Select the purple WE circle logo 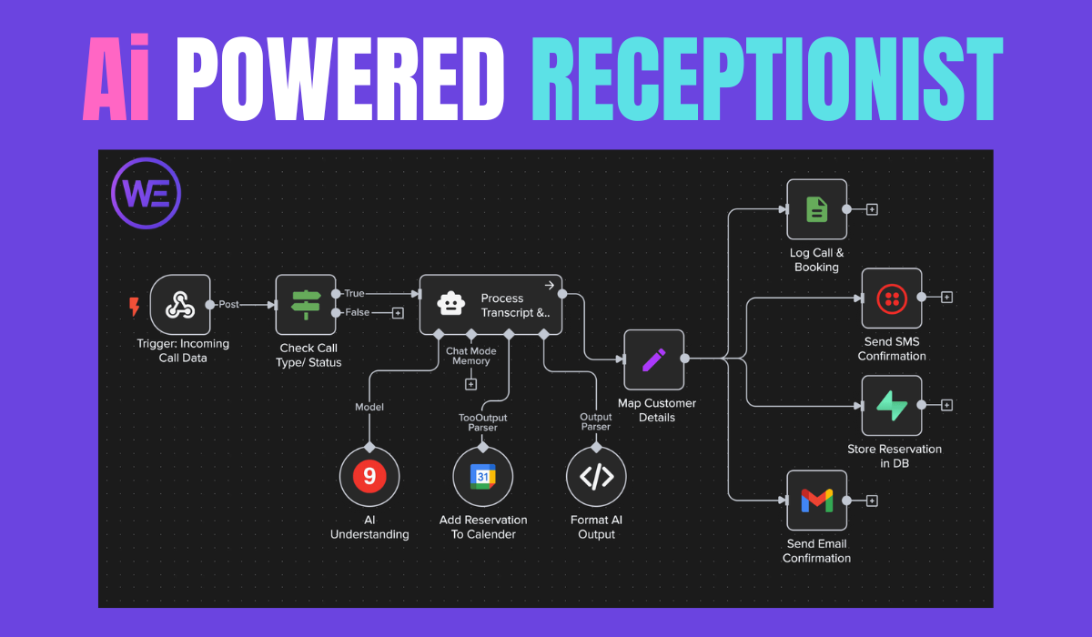tap(146, 195)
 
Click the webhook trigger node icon tap(180, 305)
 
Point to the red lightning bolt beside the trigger tap(135, 306)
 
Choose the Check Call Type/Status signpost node tap(305, 305)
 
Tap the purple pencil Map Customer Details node tap(653, 359)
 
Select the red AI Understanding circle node tap(369, 476)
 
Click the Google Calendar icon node tap(482, 476)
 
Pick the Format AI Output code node tap(596, 476)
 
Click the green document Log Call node tap(816, 209)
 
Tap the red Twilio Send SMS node tap(892, 298)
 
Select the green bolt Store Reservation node tap(892, 405)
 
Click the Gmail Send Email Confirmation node tap(816, 500)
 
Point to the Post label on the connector tap(228, 305)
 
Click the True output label tap(354, 293)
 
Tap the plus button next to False tap(398, 313)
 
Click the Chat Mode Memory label tap(470, 355)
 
